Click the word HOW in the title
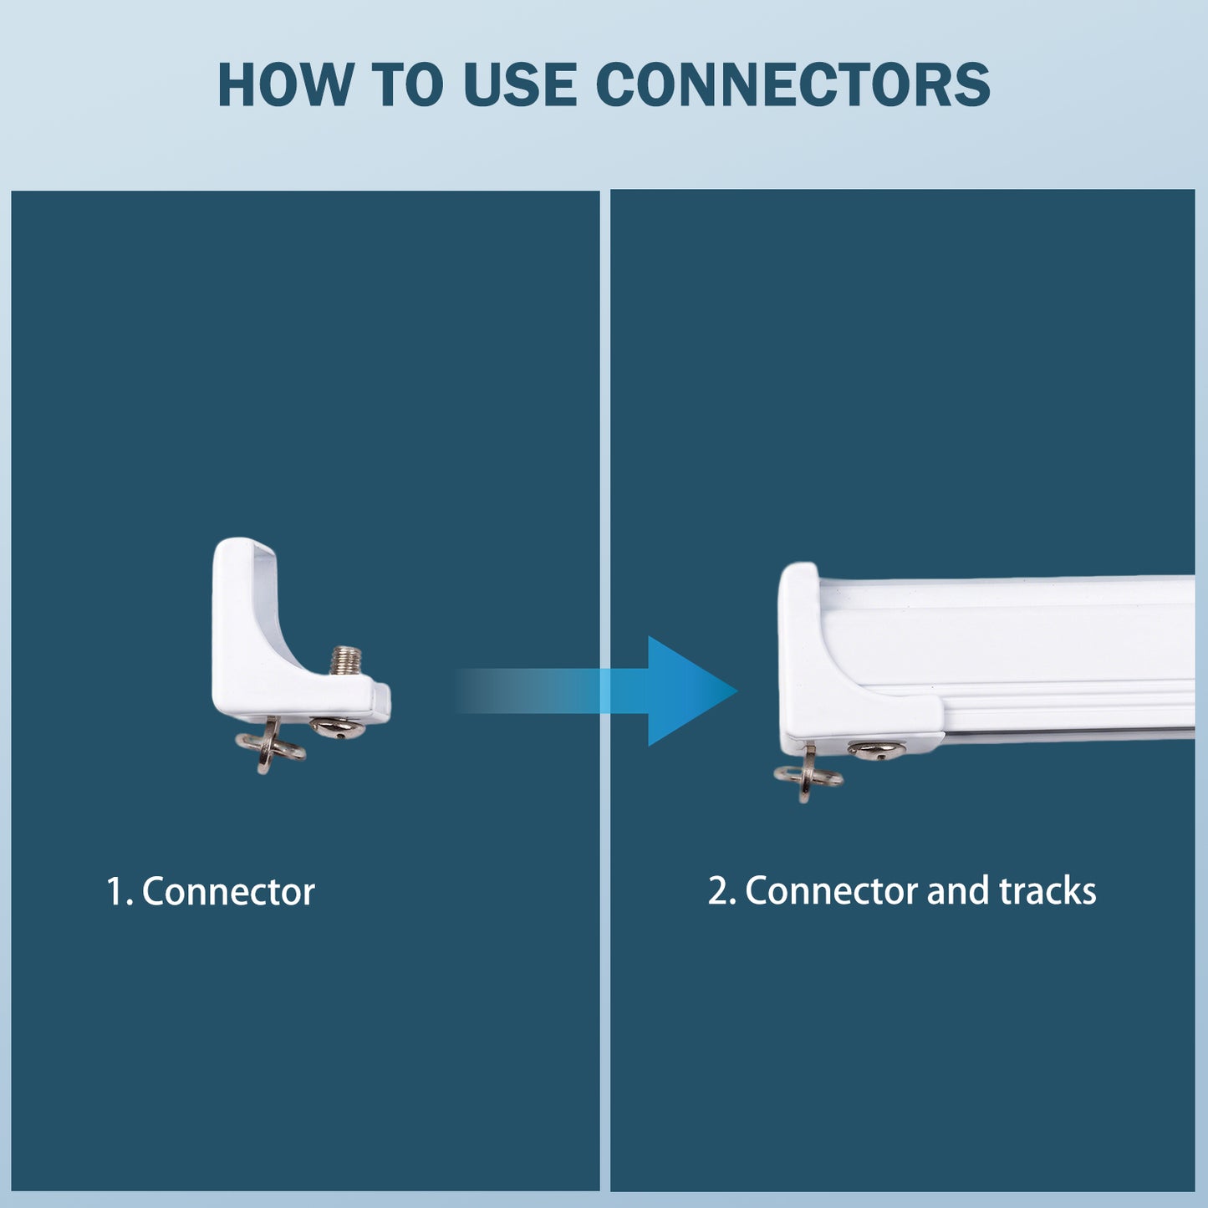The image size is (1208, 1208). tap(285, 84)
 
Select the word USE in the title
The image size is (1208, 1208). tap(520, 84)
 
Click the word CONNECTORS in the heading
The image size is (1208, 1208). tap(793, 84)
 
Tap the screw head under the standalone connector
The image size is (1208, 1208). tap(337, 727)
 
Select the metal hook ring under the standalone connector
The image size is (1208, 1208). tap(270, 746)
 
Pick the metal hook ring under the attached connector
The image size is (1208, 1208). tap(808, 774)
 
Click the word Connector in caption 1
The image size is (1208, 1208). tap(228, 891)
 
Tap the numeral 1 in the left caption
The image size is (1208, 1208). tap(115, 891)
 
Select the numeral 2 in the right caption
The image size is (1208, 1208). tap(717, 891)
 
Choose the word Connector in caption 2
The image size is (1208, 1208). tap(832, 891)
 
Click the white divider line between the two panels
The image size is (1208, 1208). tap(605, 691)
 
